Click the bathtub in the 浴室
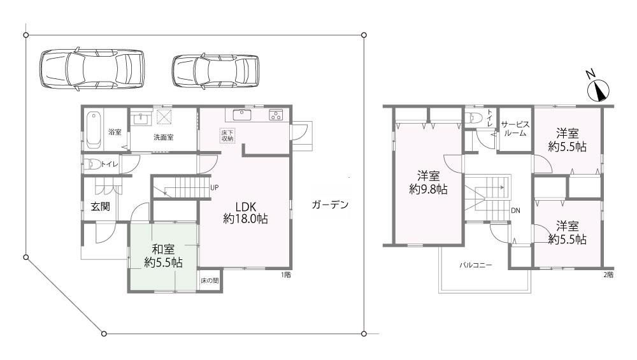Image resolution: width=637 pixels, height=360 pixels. [x=94, y=129]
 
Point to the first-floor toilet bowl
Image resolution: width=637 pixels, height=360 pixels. [x=92, y=164]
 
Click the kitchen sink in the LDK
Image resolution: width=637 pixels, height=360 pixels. [x=241, y=114]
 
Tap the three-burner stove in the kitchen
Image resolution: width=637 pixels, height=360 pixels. [x=276, y=115]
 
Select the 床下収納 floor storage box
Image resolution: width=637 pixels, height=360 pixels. [x=227, y=136]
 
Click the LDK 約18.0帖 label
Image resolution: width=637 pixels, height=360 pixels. [x=245, y=212]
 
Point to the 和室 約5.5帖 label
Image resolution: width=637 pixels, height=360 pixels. [x=163, y=256]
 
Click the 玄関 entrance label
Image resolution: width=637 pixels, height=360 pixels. [x=101, y=206]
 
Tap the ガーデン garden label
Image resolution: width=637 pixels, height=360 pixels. [x=330, y=205]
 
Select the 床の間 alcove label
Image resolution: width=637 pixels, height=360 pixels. [x=210, y=280]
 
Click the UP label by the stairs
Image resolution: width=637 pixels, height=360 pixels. [x=215, y=188]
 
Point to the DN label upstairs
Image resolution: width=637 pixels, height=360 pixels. [x=515, y=210]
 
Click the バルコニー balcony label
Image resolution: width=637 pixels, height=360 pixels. [x=475, y=265]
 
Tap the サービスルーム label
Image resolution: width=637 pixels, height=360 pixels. [x=515, y=129]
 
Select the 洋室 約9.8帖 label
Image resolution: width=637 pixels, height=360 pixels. [x=428, y=183]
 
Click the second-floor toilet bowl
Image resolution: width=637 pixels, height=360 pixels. [x=474, y=117]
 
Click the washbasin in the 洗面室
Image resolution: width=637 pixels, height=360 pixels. [x=142, y=119]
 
